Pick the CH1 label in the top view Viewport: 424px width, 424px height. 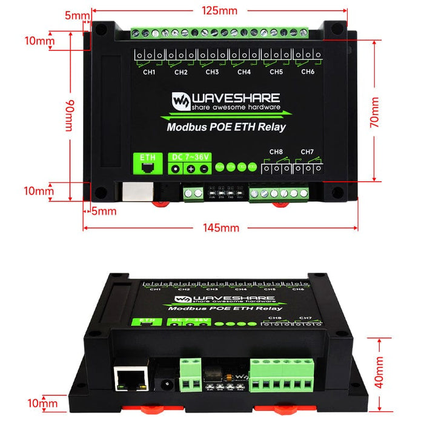(x=149, y=72)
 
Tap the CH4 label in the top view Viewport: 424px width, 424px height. (x=244, y=72)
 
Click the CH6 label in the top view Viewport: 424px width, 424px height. (x=308, y=72)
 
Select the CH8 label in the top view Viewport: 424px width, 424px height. (x=276, y=151)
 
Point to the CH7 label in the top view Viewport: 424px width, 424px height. (x=306, y=151)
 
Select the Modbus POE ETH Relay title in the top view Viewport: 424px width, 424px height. (x=226, y=127)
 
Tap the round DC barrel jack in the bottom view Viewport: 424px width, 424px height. (x=162, y=384)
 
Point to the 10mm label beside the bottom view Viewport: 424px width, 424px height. (x=42, y=403)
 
